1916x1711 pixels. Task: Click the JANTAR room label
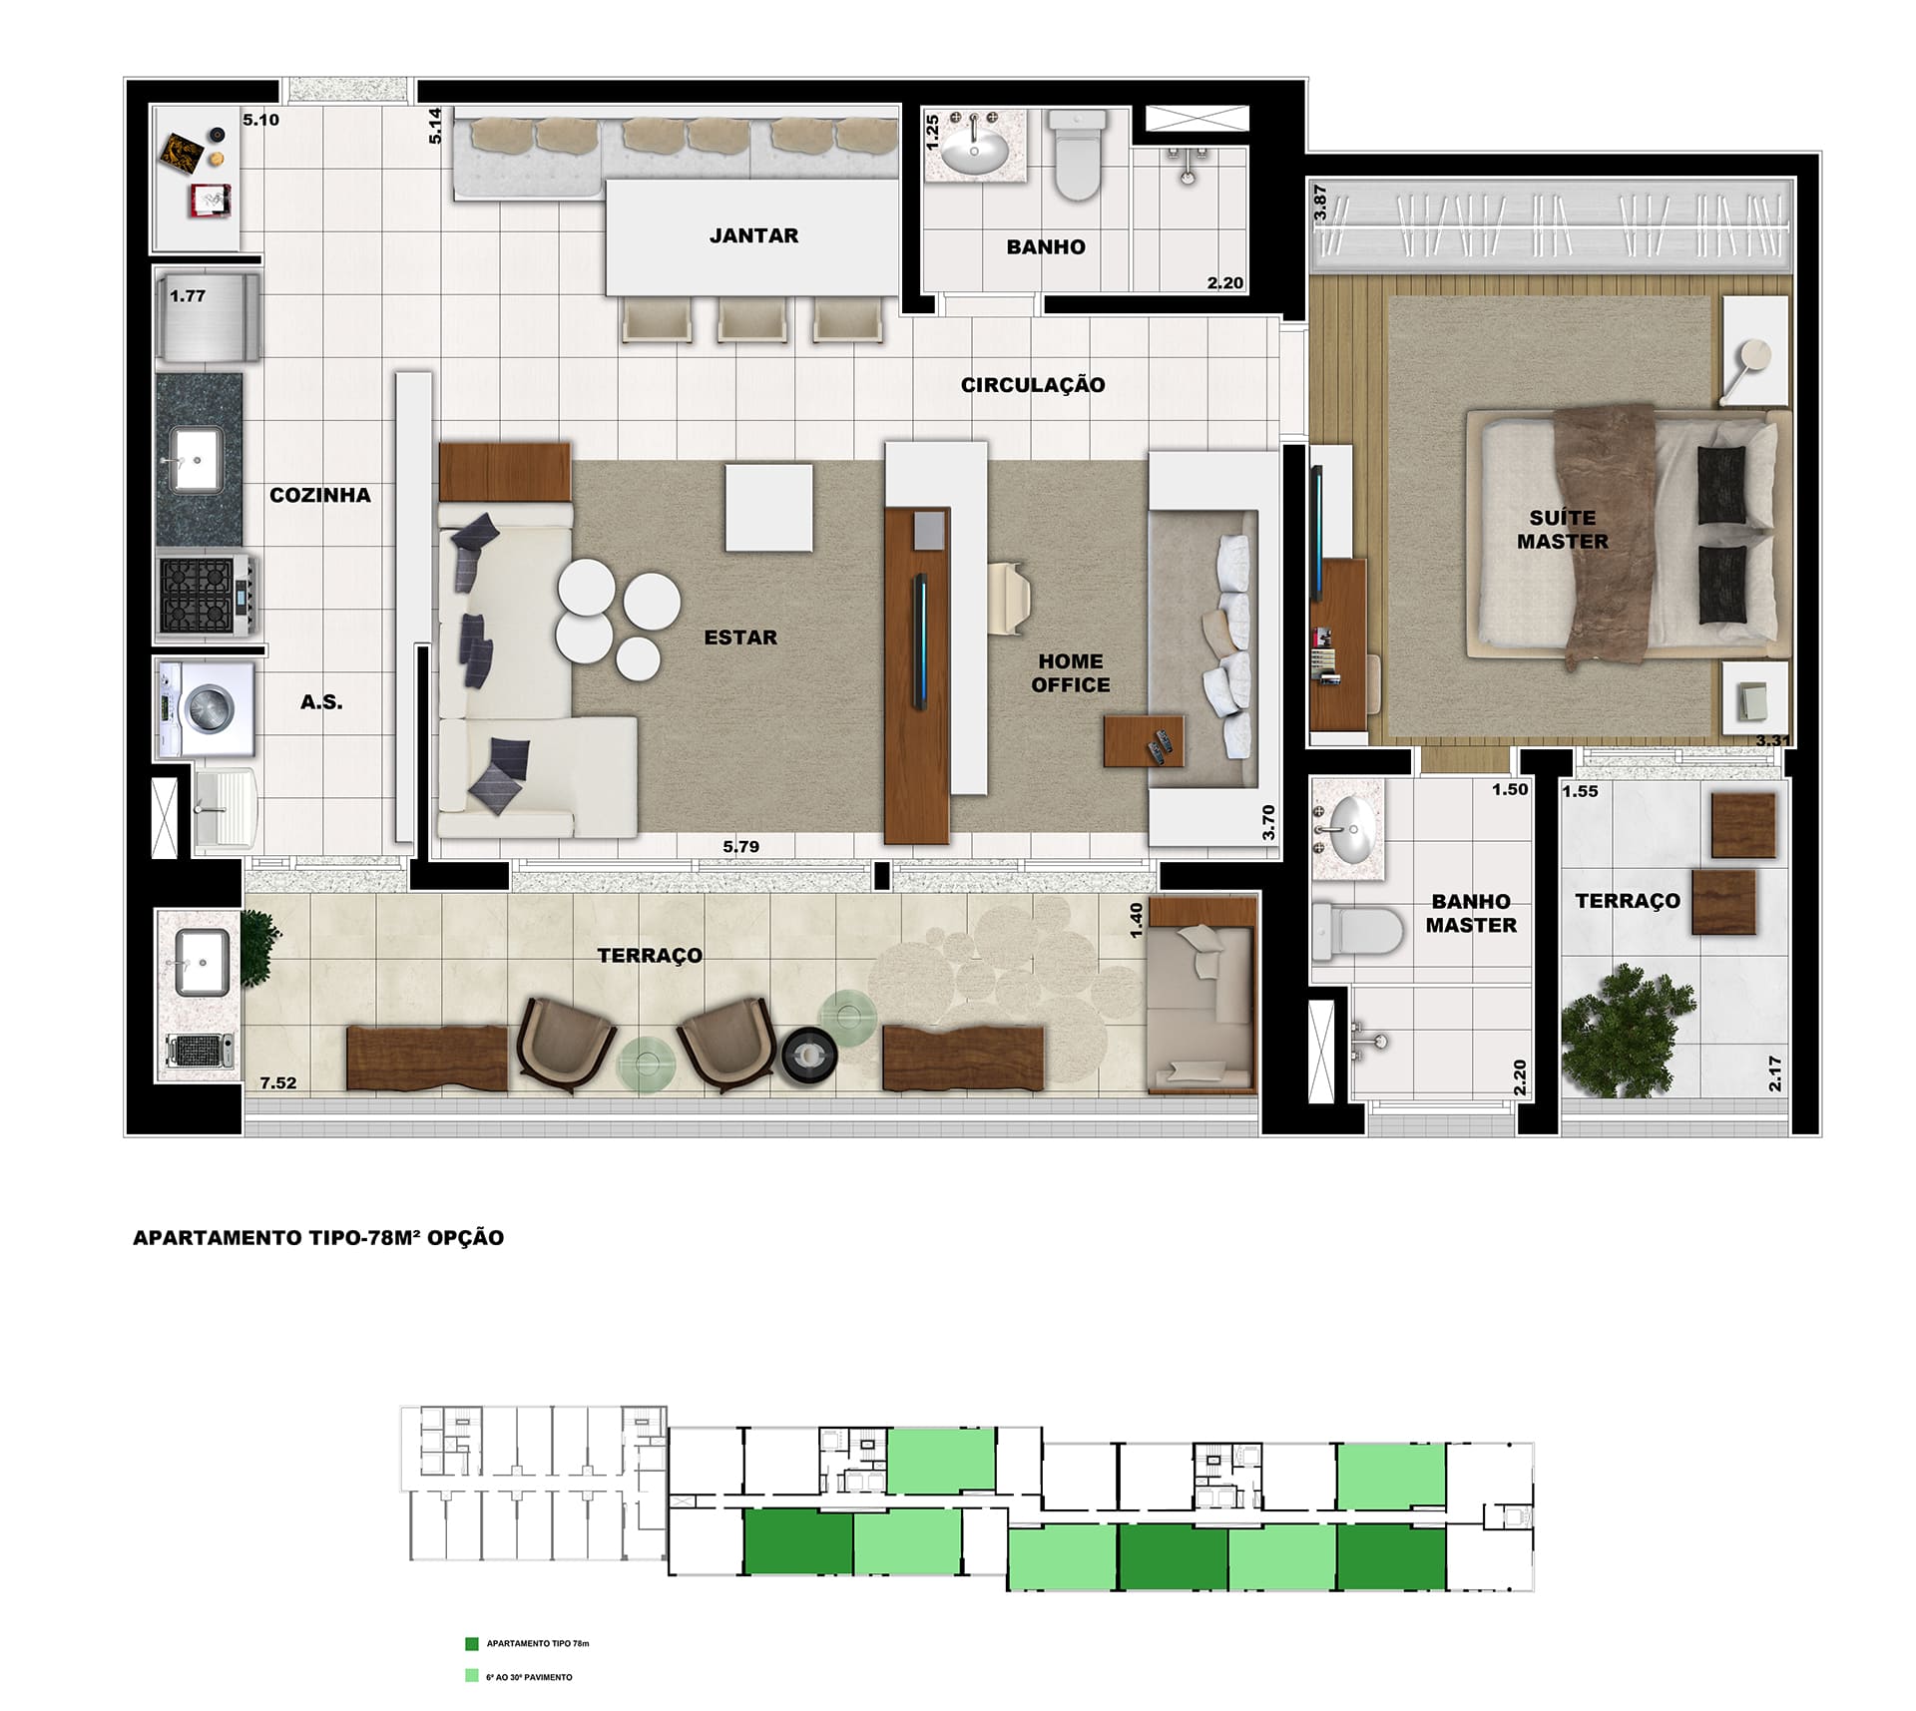pyautogui.click(x=753, y=235)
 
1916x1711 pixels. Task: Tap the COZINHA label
pyautogui.click(x=320, y=495)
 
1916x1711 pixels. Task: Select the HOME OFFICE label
pyautogui.click(x=1071, y=673)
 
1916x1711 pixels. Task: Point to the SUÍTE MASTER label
pyautogui.click(x=1563, y=530)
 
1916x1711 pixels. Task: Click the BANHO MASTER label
pyautogui.click(x=1471, y=913)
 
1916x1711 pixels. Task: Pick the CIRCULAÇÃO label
pyautogui.click(x=1033, y=385)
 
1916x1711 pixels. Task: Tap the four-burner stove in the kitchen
pyautogui.click(x=208, y=596)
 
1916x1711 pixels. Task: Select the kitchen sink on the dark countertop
pyautogui.click(x=198, y=460)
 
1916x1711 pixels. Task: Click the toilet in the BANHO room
pyautogui.click(x=1078, y=156)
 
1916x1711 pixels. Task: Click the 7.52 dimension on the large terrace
pyautogui.click(x=278, y=1082)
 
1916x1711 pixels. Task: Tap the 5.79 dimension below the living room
pyautogui.click(x=741, y=846)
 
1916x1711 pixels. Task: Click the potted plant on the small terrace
pyautogui.click(x=1629, y=1031)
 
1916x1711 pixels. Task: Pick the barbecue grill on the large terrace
pyautogui.click(x=200, y=1050)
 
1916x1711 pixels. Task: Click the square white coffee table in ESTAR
pyautogui.click(x=768, y=508)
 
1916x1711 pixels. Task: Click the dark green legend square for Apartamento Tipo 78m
pyautogui.click(x=472, y=1643)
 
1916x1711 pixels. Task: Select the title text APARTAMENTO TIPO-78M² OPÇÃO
pyautogui.click(x=318, y=1237)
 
